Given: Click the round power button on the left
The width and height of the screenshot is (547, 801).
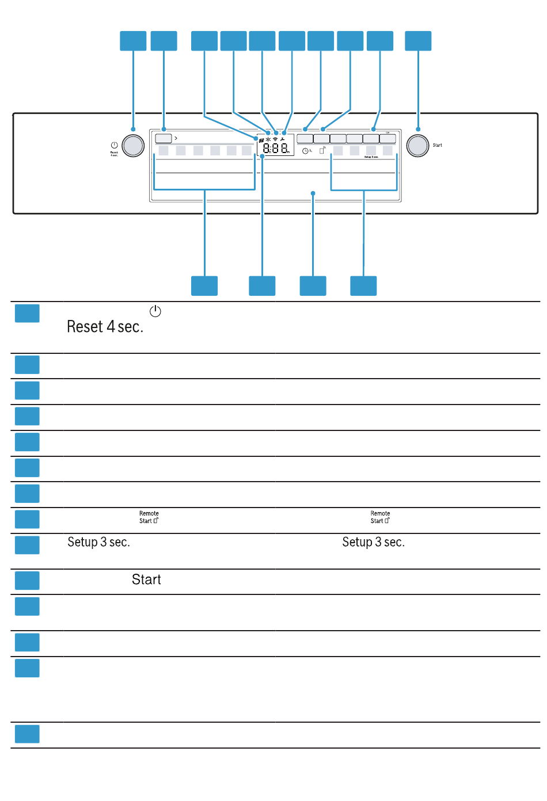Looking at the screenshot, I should (133, 146).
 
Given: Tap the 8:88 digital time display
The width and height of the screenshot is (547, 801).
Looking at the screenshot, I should (276, 148).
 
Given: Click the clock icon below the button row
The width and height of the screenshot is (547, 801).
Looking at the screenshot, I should (305, 151).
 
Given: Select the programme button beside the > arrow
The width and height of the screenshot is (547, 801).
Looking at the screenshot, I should (164, 139).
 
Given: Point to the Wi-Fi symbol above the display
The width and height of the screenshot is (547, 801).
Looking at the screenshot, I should (275, 139).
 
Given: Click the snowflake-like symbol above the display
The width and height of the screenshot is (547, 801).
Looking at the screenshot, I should (268, 139).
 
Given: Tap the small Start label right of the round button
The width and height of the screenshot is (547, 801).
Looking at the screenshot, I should (438, 146).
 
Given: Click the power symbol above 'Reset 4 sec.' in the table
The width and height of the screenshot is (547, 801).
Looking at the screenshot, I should (155, 311).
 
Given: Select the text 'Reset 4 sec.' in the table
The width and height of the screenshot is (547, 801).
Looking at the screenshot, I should (105, 327).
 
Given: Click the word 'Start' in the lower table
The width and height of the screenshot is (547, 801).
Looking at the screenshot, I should (146, 579).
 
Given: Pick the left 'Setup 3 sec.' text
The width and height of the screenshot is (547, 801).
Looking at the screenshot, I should (98, 542).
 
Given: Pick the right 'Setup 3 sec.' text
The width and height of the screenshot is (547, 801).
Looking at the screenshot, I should (373, 542).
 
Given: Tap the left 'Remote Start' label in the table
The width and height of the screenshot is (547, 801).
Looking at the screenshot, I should (149, 517).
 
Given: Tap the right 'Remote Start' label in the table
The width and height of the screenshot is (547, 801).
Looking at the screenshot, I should (380, 517).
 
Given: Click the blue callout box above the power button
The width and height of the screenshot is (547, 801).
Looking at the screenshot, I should (133, 41).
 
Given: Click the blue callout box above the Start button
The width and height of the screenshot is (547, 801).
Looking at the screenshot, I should (418, 41).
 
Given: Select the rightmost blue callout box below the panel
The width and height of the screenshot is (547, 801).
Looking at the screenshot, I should (363, 286).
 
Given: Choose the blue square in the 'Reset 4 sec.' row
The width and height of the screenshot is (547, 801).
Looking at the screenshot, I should (27, 314).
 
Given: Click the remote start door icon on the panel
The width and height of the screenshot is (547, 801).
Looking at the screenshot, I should (322, 150).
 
